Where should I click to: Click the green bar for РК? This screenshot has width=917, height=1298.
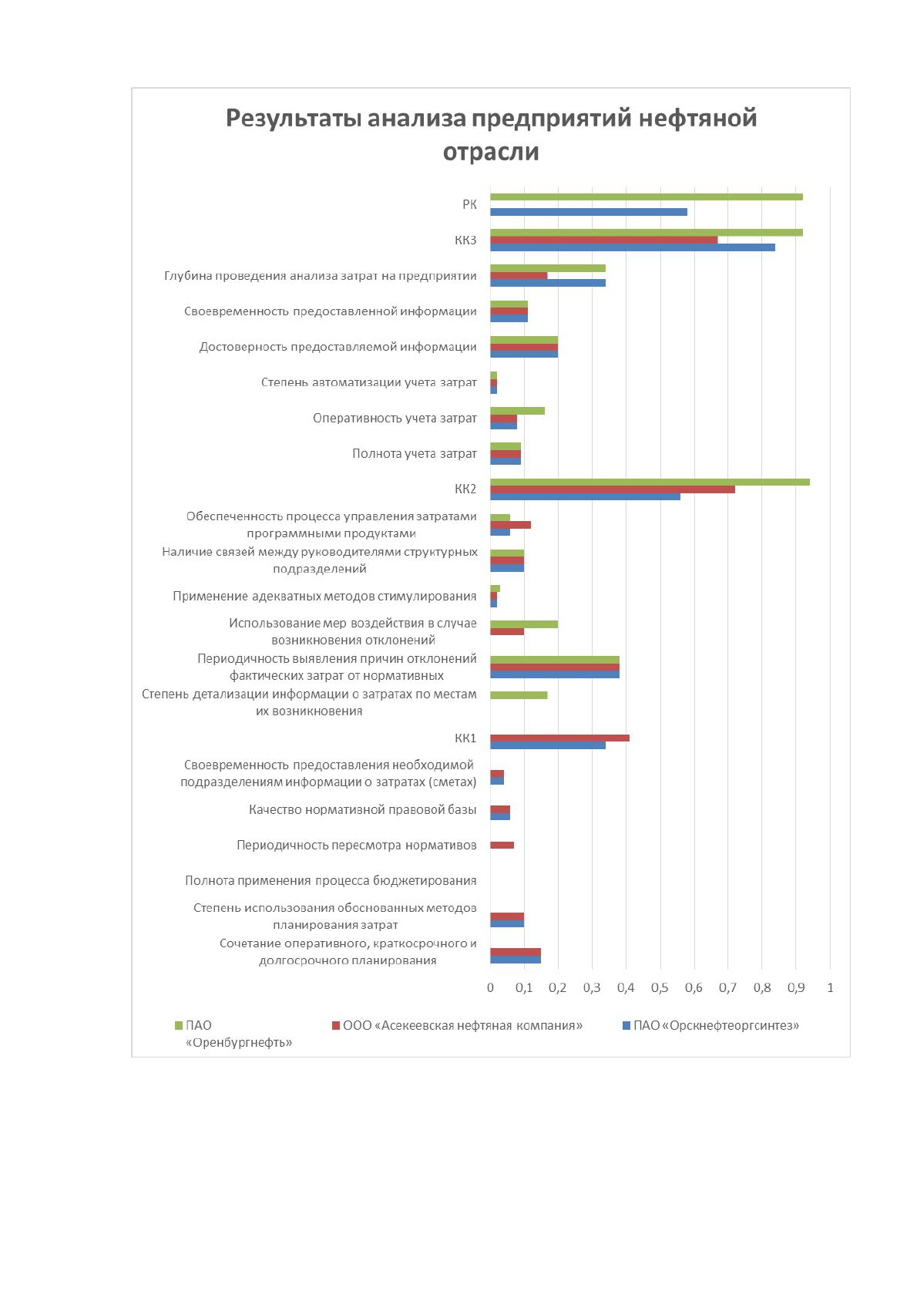pos(646,197)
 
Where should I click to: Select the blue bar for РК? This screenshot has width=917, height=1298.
pos(589,212)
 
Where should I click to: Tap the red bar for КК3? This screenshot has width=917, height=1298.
pos(603,240)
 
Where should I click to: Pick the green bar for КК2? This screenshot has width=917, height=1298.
pos(650,482)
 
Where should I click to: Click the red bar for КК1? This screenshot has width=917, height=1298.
pos(559,738)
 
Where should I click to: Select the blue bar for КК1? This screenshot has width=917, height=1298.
pos(547,746)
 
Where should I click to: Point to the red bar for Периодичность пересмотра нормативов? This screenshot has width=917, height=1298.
pos(502,846)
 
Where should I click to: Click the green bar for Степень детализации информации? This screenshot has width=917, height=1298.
pos(519,695)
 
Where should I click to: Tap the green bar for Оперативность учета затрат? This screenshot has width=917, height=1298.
pos(517,411)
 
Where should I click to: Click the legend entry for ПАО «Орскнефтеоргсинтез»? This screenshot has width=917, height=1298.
pos(710,1025)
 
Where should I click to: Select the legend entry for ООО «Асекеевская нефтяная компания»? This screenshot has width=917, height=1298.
pos(457,1025)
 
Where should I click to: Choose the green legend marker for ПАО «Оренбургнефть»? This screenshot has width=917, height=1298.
pos(179,1026)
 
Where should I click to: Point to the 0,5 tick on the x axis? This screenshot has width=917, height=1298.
pos(660,987)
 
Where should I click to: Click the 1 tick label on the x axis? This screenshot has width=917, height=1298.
pos(830,987)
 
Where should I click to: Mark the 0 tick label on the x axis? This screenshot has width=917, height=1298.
pos(490,987)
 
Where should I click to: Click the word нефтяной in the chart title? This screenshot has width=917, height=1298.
pos(698,118)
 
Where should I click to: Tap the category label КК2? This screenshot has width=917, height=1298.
pos(465,489)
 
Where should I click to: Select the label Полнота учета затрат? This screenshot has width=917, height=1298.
pos(414,454)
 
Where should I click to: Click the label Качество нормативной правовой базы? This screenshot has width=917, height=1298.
pos(363,809)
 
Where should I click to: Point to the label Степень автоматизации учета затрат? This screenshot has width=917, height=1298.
pos(368,382)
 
